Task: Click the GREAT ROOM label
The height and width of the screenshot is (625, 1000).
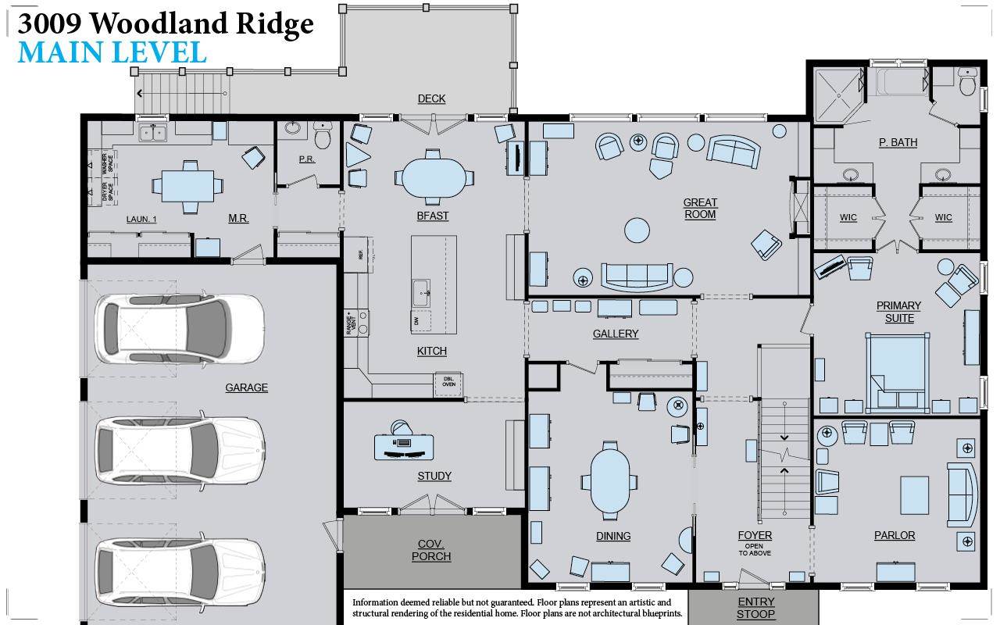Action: [700, 209]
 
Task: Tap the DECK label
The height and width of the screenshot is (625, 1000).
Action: [431, 98]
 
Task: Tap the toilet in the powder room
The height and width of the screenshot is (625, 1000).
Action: [323, 137]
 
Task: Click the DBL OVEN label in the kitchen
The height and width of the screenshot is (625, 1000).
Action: [448, 381]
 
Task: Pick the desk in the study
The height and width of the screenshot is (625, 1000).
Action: [403, 446]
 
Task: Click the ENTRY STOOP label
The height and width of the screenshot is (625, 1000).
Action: [755, 608]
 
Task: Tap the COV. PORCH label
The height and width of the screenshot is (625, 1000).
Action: [431, 550]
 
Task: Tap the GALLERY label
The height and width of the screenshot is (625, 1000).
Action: [616, 334]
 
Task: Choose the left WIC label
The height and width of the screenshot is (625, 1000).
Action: [848, 217]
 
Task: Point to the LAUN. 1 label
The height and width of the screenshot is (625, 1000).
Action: [141, 220]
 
